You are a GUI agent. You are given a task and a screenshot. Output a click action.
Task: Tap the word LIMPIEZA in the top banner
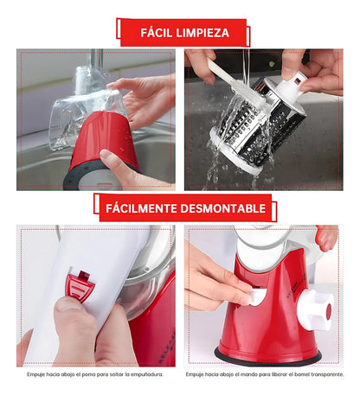(202, 32)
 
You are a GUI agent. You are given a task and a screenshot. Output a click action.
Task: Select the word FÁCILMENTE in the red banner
(141, 208)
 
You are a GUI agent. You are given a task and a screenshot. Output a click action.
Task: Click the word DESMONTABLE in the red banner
(223, 208)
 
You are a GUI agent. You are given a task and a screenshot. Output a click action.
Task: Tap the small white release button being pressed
(258, 296)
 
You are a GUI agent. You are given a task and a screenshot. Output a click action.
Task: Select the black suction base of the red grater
(267, 357)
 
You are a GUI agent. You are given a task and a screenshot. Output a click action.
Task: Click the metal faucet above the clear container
(97, 59)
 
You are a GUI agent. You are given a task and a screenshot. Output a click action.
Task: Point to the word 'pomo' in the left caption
(90, 375)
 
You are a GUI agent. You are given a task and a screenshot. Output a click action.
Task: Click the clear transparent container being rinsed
(87, 111)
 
